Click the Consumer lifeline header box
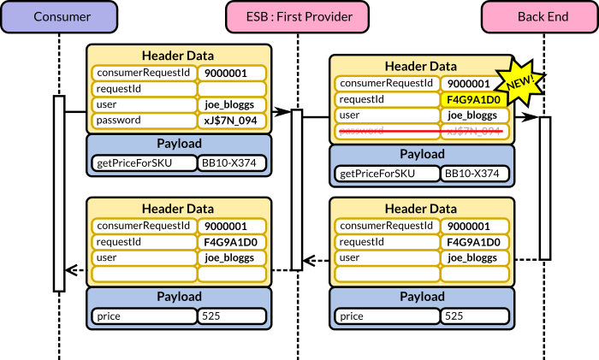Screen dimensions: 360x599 click(x=58, y=16)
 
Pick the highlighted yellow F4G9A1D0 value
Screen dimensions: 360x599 click(x=472, y=99)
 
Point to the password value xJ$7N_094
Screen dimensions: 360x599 click(x=232, y=120)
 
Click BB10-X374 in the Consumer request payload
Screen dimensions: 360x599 click(x=232, y=162)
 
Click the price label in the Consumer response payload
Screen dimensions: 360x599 click(x=145, y=316)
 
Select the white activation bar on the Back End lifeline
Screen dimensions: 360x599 click(x=544, y=188)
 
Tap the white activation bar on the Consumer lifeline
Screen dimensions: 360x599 click(x=59, y=192)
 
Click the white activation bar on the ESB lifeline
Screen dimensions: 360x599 click(x=297, y=188)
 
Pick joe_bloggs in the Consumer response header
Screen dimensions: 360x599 click(x=232, y=257)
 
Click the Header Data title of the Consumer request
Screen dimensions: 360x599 click(x=178, y=56)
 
